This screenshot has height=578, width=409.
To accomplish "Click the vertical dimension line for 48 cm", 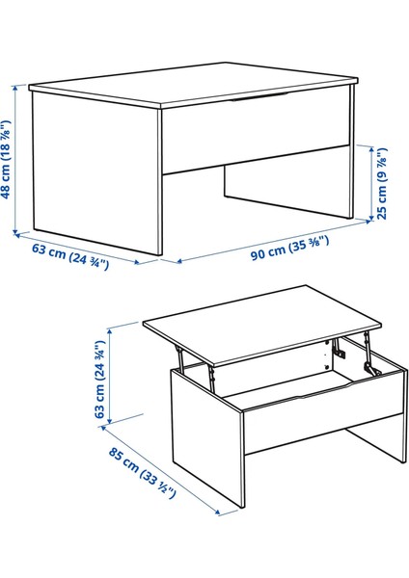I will click(x=17, y=159).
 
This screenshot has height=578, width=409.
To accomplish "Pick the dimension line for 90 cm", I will click(x=275, y=240).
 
